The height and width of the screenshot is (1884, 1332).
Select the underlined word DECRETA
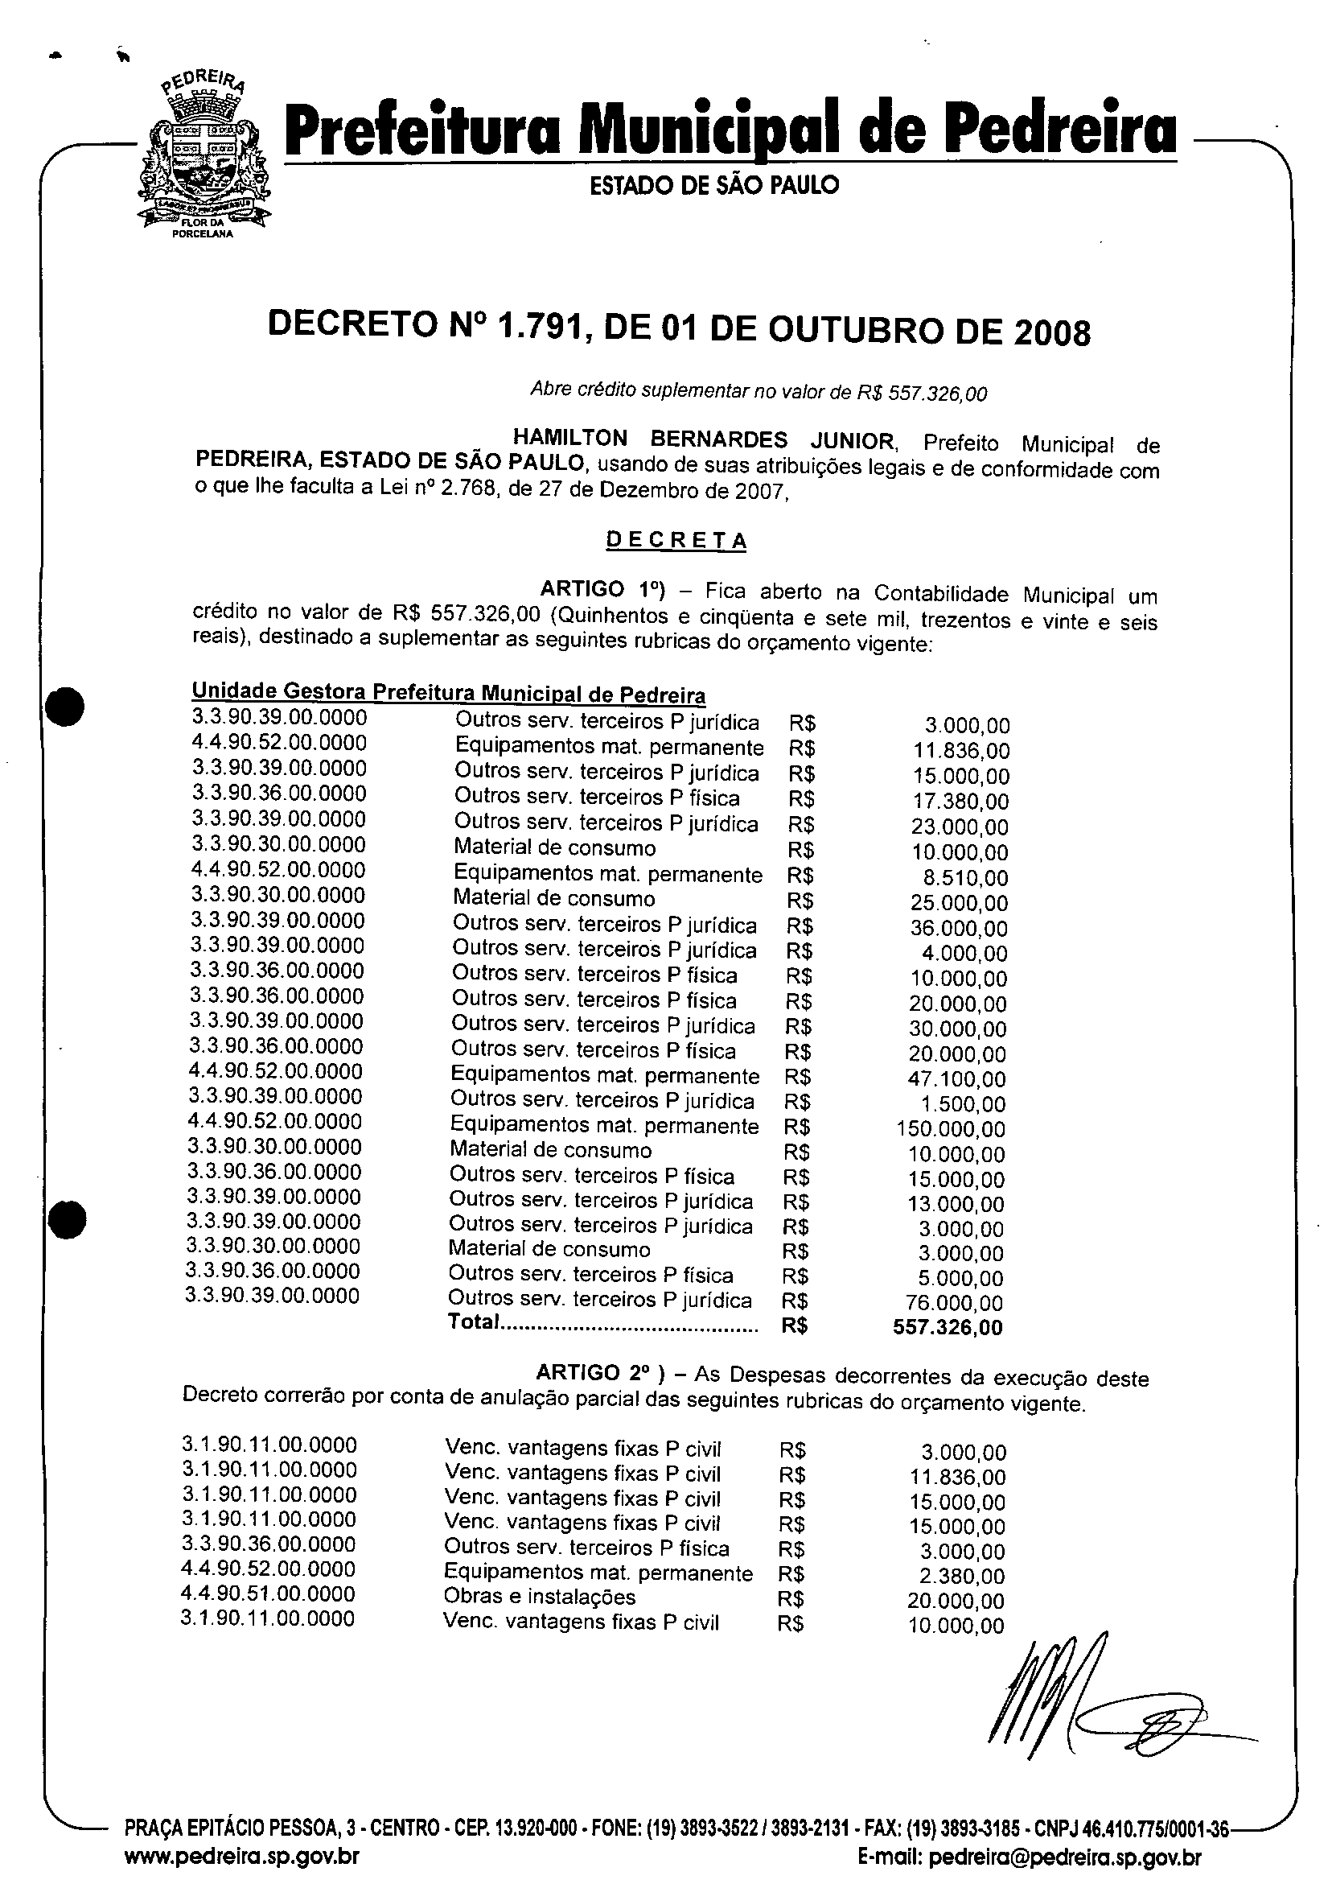[x=676, y=540]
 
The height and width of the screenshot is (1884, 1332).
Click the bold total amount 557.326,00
[x=948, y=1328]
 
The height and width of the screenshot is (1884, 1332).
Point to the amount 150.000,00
[x=951, y=1129]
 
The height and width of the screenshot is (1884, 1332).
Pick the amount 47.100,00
[x=956, y=1079]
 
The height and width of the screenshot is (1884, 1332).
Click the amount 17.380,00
[x=961, y=801]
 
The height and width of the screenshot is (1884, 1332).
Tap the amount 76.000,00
[x=954, y=1303]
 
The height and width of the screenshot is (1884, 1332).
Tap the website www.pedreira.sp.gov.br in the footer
[x=241, y=1856]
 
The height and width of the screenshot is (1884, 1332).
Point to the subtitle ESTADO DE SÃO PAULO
[x=714, y=185]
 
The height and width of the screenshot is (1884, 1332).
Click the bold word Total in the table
[x=473, y=1322]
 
